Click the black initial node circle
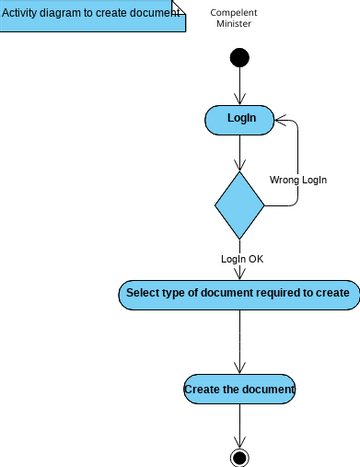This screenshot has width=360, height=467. [x=239, y=57]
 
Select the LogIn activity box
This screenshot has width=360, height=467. [x=239, y=119]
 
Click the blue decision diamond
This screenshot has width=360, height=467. [x=239, y=205]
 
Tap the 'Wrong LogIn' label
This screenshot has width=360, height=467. [x=299, y=180]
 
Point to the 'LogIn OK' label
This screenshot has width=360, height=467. [x=242, y=259]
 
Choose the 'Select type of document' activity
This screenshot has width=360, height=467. [x=237, y=294]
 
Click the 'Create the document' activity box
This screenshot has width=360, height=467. [x=239, y=389]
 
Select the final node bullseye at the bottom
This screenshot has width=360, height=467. [x=239, y=456]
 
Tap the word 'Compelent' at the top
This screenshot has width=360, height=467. [x=233, y=12]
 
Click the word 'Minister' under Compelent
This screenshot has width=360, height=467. [x=233, y=24]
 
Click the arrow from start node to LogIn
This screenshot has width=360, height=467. [x=239, y=85]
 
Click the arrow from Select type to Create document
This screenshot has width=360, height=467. [x=239, y=340]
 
